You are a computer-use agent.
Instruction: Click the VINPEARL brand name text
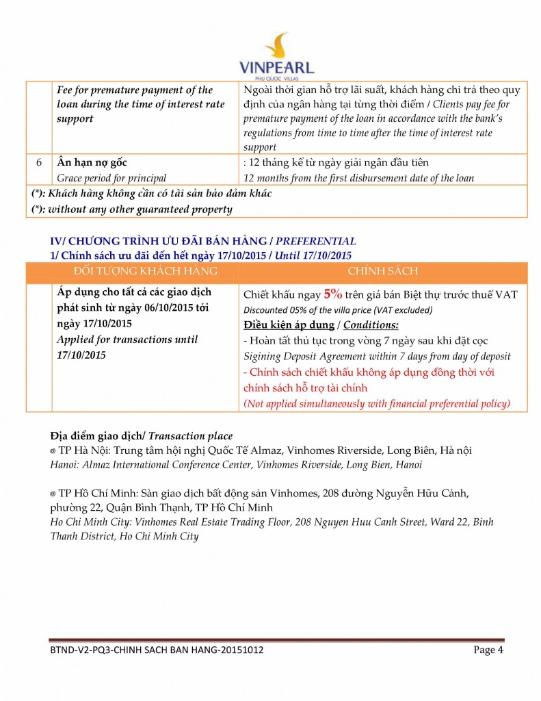click(276, 68)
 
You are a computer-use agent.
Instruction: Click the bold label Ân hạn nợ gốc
click(92, 163)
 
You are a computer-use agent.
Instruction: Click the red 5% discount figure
click(333, 294)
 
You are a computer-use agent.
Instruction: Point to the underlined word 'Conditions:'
click(371, 324)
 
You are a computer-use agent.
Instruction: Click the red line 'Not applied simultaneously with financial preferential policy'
click(377, 403)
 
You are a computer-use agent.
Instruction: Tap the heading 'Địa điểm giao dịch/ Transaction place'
click(142, 436)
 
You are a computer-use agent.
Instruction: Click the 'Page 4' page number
click(488, 650)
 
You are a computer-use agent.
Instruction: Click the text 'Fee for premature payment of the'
click(134, 90)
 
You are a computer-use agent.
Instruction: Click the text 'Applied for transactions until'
click(127, 340)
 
